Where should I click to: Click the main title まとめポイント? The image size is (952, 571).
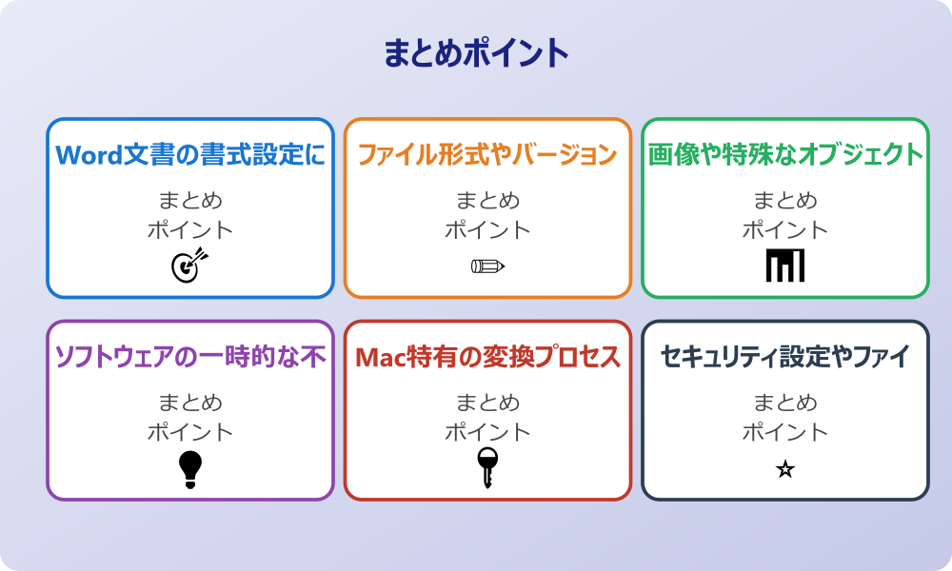(x=476, y=53)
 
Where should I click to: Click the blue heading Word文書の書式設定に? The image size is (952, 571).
(x=190, y=154)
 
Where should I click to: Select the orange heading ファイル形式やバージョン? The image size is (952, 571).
(x=487, y=154)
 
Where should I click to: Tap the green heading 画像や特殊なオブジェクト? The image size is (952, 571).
(x=785, y=154)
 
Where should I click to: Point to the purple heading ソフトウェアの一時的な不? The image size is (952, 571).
(x=190, y=357)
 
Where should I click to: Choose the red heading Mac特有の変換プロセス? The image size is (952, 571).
(x=487, y=357)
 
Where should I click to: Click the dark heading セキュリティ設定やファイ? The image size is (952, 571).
(x=785, y=357)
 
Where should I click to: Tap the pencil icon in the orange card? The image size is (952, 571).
(x=487, y=266)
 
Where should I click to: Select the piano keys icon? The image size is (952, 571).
(x=785, y=266)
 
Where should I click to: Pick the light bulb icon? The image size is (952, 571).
(x=190, y=469)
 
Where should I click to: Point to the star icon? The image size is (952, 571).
(x=785, y=469)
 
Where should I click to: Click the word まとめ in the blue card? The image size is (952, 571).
(x=190, y=201)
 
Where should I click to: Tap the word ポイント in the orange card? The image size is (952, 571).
(x=487, y=229)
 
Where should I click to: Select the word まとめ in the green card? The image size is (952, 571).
(x=785, y=201)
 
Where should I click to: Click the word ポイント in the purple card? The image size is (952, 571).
(x=190, y=432)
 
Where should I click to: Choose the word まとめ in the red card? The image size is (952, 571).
(x=487, y=404)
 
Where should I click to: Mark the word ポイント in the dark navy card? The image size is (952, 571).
(x=785, y=432)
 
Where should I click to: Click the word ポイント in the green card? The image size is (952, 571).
(x=785, y=229)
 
